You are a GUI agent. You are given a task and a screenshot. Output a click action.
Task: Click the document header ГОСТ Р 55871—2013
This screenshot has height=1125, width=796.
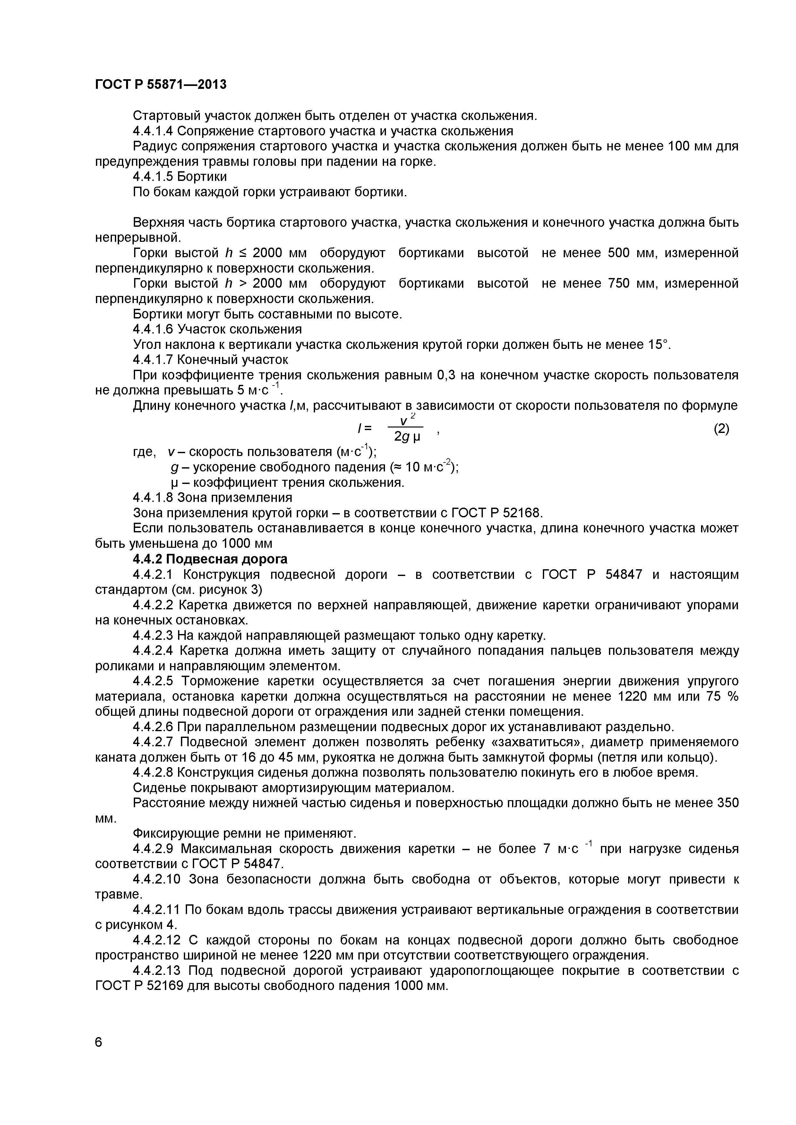click(x=161, y=85)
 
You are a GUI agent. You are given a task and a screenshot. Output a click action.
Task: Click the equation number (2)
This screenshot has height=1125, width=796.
click(x=721, y=429)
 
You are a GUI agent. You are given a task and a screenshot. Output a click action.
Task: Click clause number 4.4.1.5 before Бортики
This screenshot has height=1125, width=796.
click(x=153, y=176)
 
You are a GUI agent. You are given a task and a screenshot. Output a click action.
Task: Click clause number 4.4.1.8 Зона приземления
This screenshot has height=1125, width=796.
click(x=153, y=498)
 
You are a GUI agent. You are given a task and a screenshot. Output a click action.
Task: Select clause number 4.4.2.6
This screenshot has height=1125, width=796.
click(x=153, y=727)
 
